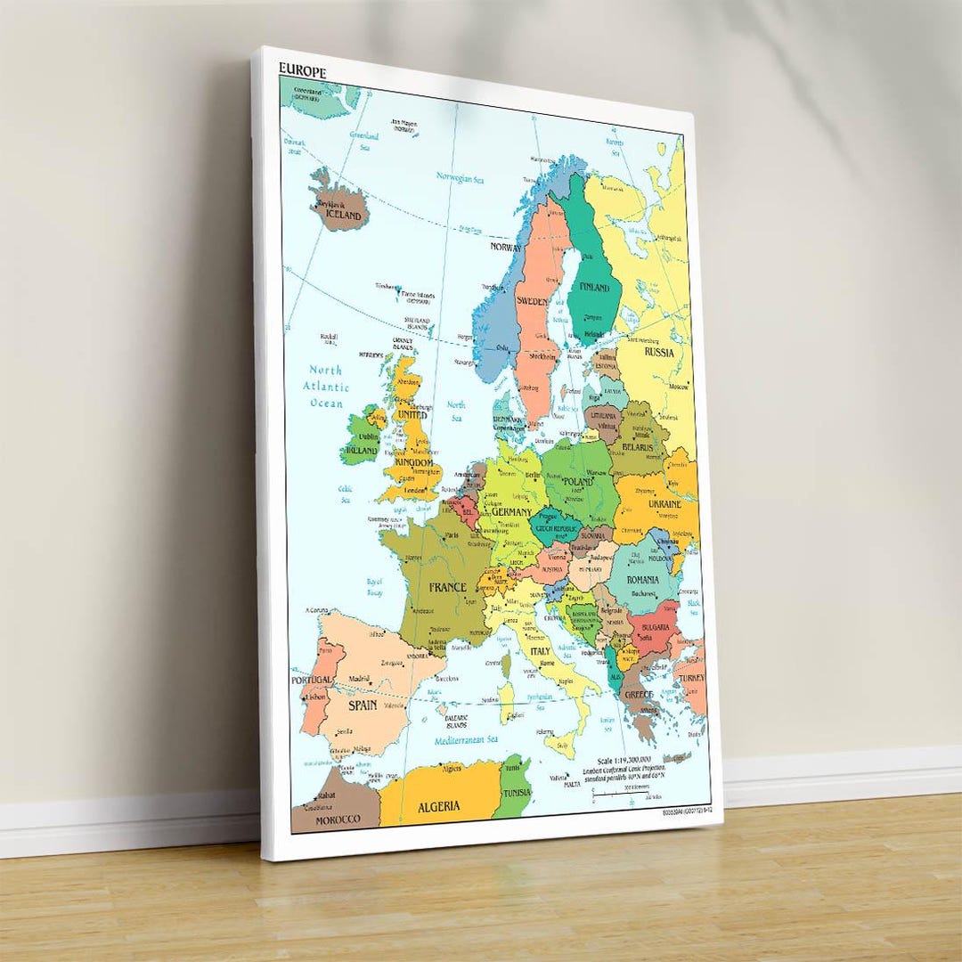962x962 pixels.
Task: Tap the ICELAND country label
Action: pos(344,216)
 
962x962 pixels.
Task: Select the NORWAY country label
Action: pos(505,247)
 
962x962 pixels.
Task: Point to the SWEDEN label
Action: pos(533,301)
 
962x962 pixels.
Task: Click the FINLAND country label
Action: pos(595,288)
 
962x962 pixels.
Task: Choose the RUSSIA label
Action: pos(659,352)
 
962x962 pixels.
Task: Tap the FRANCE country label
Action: pos(447,588)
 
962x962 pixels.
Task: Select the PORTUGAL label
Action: pos(312,680)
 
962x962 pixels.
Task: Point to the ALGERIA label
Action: pos(439,806)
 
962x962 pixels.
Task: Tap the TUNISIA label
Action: pos(516,793)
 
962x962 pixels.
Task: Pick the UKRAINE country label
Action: pos(664,504)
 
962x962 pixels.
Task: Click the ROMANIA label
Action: pos(642,580)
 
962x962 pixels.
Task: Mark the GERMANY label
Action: pos(511,512)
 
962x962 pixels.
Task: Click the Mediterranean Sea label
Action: pos(466,739)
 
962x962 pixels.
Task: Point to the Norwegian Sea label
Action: pos(460,177)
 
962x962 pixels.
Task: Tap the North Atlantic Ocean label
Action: pos(326,387)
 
